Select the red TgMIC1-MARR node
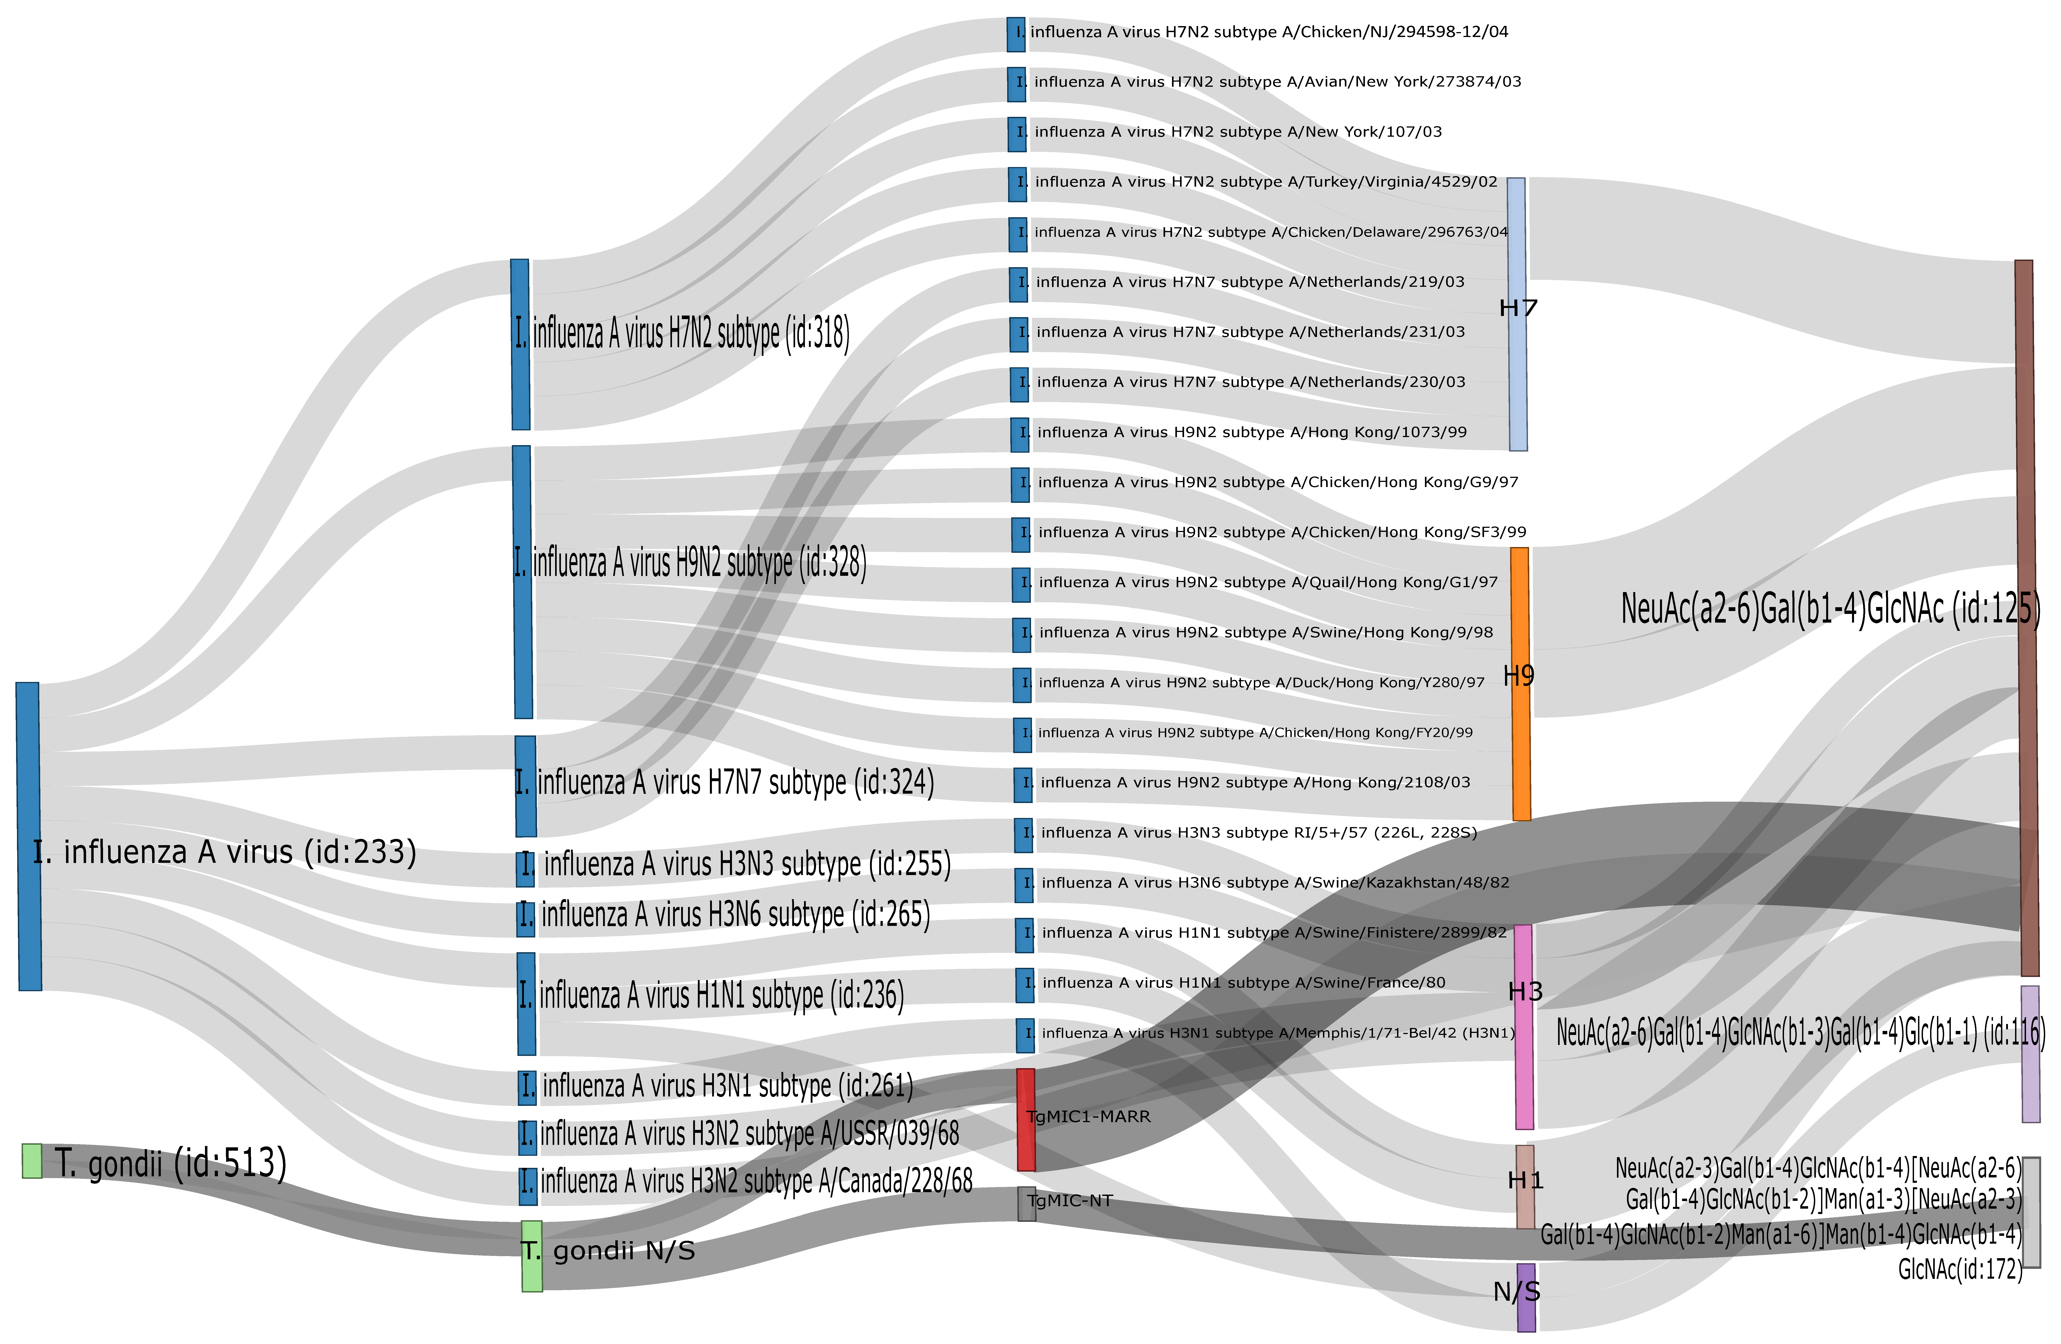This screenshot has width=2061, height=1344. pos(1025,1119)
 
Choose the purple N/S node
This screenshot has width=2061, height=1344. pos(1526,1296)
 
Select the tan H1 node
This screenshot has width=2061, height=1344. pos(1525,1186)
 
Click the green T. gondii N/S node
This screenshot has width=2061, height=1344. pos(532,1256)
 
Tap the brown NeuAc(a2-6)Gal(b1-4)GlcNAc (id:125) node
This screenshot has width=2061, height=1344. pos(2024,617)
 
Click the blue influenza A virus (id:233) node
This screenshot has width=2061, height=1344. pos(29,836)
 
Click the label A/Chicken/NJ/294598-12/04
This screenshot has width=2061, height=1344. pos(1269,32)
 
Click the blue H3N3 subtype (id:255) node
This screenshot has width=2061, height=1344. pos(526,869)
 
